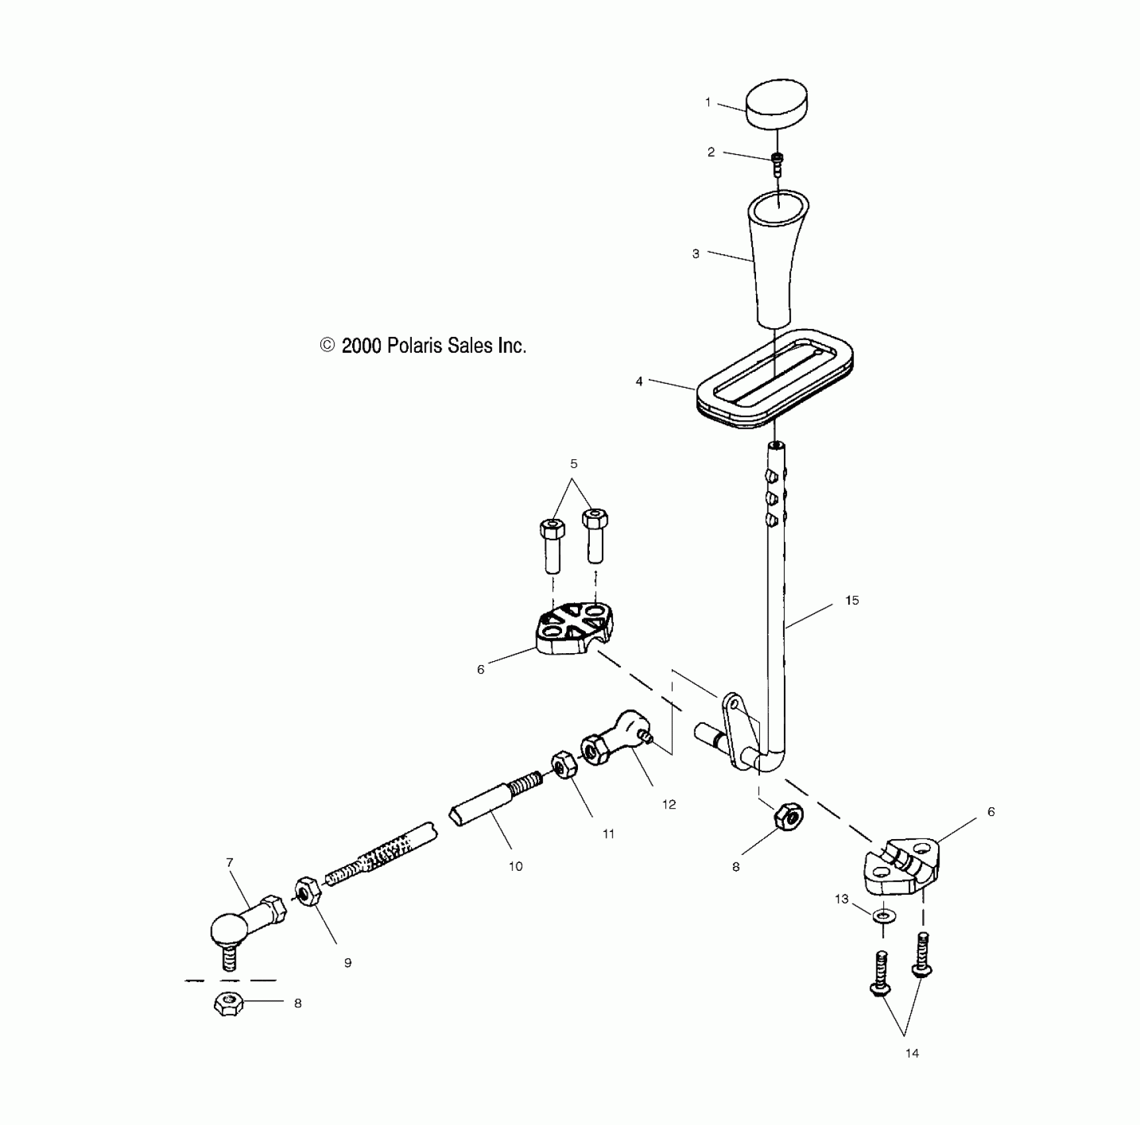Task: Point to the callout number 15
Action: [852, 600]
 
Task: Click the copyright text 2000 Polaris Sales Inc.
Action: [423, 345]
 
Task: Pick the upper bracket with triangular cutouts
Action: [575, 628]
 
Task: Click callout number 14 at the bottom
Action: [912, 1054]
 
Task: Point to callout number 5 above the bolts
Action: [574, 464]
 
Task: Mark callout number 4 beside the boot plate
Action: [639, 382]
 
